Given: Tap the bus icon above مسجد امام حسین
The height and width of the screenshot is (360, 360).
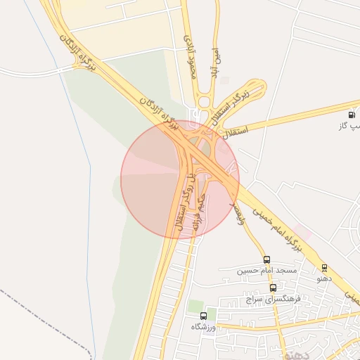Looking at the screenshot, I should coord(266,259).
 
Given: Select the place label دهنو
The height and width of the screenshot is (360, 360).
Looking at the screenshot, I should coord(324,279).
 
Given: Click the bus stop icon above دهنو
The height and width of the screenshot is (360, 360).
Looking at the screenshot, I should coord(324,268).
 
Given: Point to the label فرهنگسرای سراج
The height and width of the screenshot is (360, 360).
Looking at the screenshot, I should coord(273,299).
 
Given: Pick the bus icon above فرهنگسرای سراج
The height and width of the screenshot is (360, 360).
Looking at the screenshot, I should coord(273,288).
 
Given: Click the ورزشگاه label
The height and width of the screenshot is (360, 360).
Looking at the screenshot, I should coord(203,327).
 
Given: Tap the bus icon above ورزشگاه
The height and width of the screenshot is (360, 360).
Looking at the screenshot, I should coord(203,316).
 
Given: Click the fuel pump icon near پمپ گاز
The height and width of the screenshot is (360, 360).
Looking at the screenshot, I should coord(352,115).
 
